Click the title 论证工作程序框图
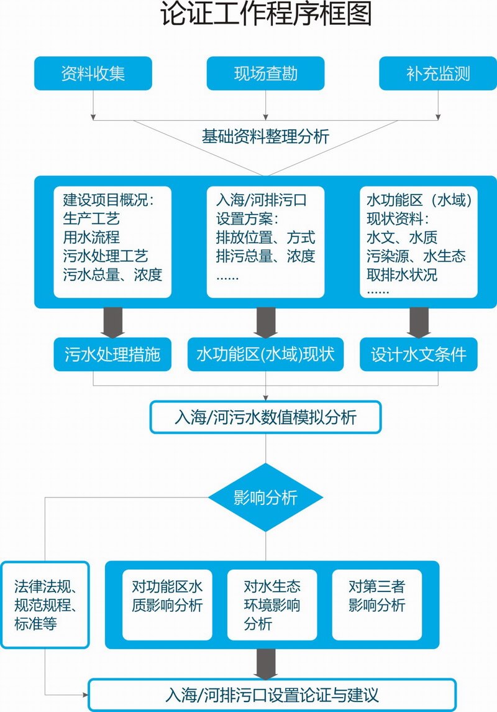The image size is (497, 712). (x=266, y=15)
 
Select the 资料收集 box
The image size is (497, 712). (x=93, y=73)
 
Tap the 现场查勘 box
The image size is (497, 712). (x=266, y=73)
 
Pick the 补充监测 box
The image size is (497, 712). (x=439, y=73)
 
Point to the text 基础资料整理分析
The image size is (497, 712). (x=265, y=136)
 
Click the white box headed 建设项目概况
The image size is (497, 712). (x=112, y=242)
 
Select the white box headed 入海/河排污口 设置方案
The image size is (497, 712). (x=265, y=242)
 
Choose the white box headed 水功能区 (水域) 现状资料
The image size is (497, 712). (x=419, y=242)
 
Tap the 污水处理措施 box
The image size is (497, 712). (x=112, y=354)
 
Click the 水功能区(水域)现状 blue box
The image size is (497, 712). (x=265, y=354)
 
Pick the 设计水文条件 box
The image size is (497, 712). (x=419, y=354)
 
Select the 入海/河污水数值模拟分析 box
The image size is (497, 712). (x=265, y=417)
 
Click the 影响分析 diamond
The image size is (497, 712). (x=265, y=497)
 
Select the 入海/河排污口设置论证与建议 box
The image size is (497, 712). (x=272, y=694)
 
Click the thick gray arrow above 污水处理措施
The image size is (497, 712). (x=112, y=323)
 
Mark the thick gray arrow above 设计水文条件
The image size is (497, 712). (x=419, y=323)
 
